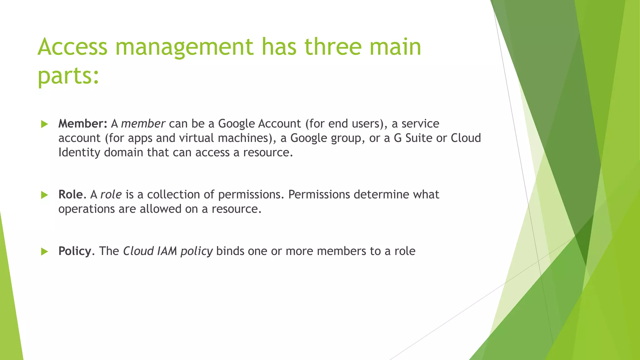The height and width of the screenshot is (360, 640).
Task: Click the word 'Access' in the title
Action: point(72,47)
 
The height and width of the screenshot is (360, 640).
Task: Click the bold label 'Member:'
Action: point(83,124)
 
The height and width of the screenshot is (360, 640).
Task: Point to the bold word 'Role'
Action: point(71,195)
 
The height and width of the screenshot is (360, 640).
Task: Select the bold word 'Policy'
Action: point(75,251)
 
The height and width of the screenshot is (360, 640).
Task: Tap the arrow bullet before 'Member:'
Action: point(44,124)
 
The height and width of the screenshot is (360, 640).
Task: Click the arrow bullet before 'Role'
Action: point(44,195)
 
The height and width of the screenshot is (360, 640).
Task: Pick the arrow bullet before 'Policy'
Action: point(44,252)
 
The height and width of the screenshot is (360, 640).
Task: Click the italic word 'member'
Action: point(143,124)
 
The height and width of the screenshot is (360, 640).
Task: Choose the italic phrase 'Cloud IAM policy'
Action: point(168,251)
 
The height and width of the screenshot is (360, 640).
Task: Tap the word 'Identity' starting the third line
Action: point(79,152)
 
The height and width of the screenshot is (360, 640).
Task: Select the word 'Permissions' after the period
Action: point(319,195)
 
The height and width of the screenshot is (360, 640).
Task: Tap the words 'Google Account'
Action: point(259,124)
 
